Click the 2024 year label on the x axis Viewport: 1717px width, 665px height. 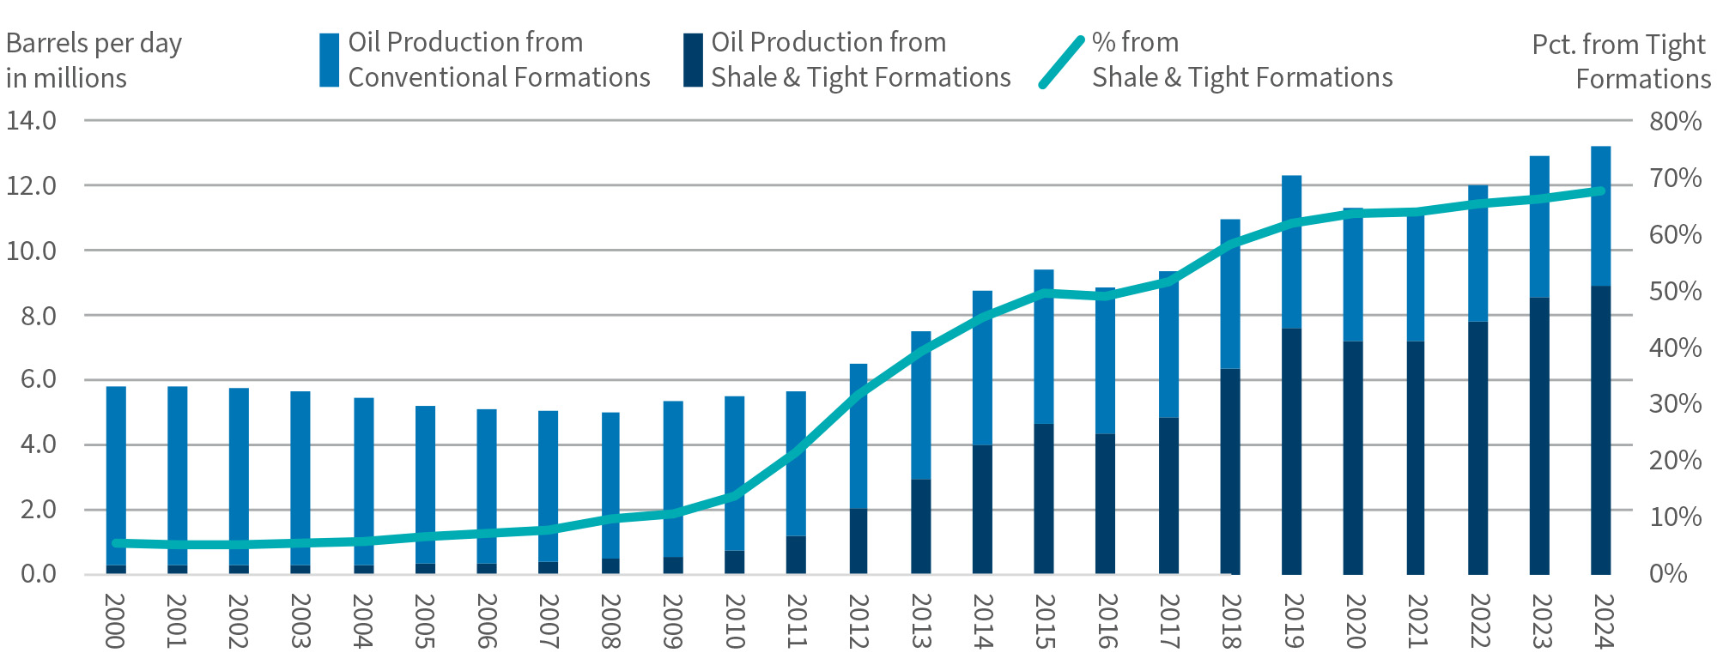1602,621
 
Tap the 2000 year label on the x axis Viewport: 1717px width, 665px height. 115,621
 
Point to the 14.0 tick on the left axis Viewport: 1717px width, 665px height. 32,120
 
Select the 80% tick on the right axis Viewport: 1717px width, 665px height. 1674,121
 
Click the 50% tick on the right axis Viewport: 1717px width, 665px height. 1674,291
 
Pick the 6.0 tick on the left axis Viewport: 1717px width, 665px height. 32,379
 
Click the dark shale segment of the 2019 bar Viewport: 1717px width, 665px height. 1291,450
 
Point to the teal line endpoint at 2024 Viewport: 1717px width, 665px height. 1599,190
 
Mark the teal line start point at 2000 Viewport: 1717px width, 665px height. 117,542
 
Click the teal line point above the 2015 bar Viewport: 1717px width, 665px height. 1043,293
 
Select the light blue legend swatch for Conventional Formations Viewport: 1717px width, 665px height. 329,60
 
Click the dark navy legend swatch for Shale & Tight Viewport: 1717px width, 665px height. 693,60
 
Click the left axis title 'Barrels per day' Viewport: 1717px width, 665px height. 94,43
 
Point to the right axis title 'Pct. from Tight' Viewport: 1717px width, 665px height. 1617,45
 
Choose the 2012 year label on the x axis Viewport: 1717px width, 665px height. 858,621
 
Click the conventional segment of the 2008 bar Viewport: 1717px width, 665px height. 610,485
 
